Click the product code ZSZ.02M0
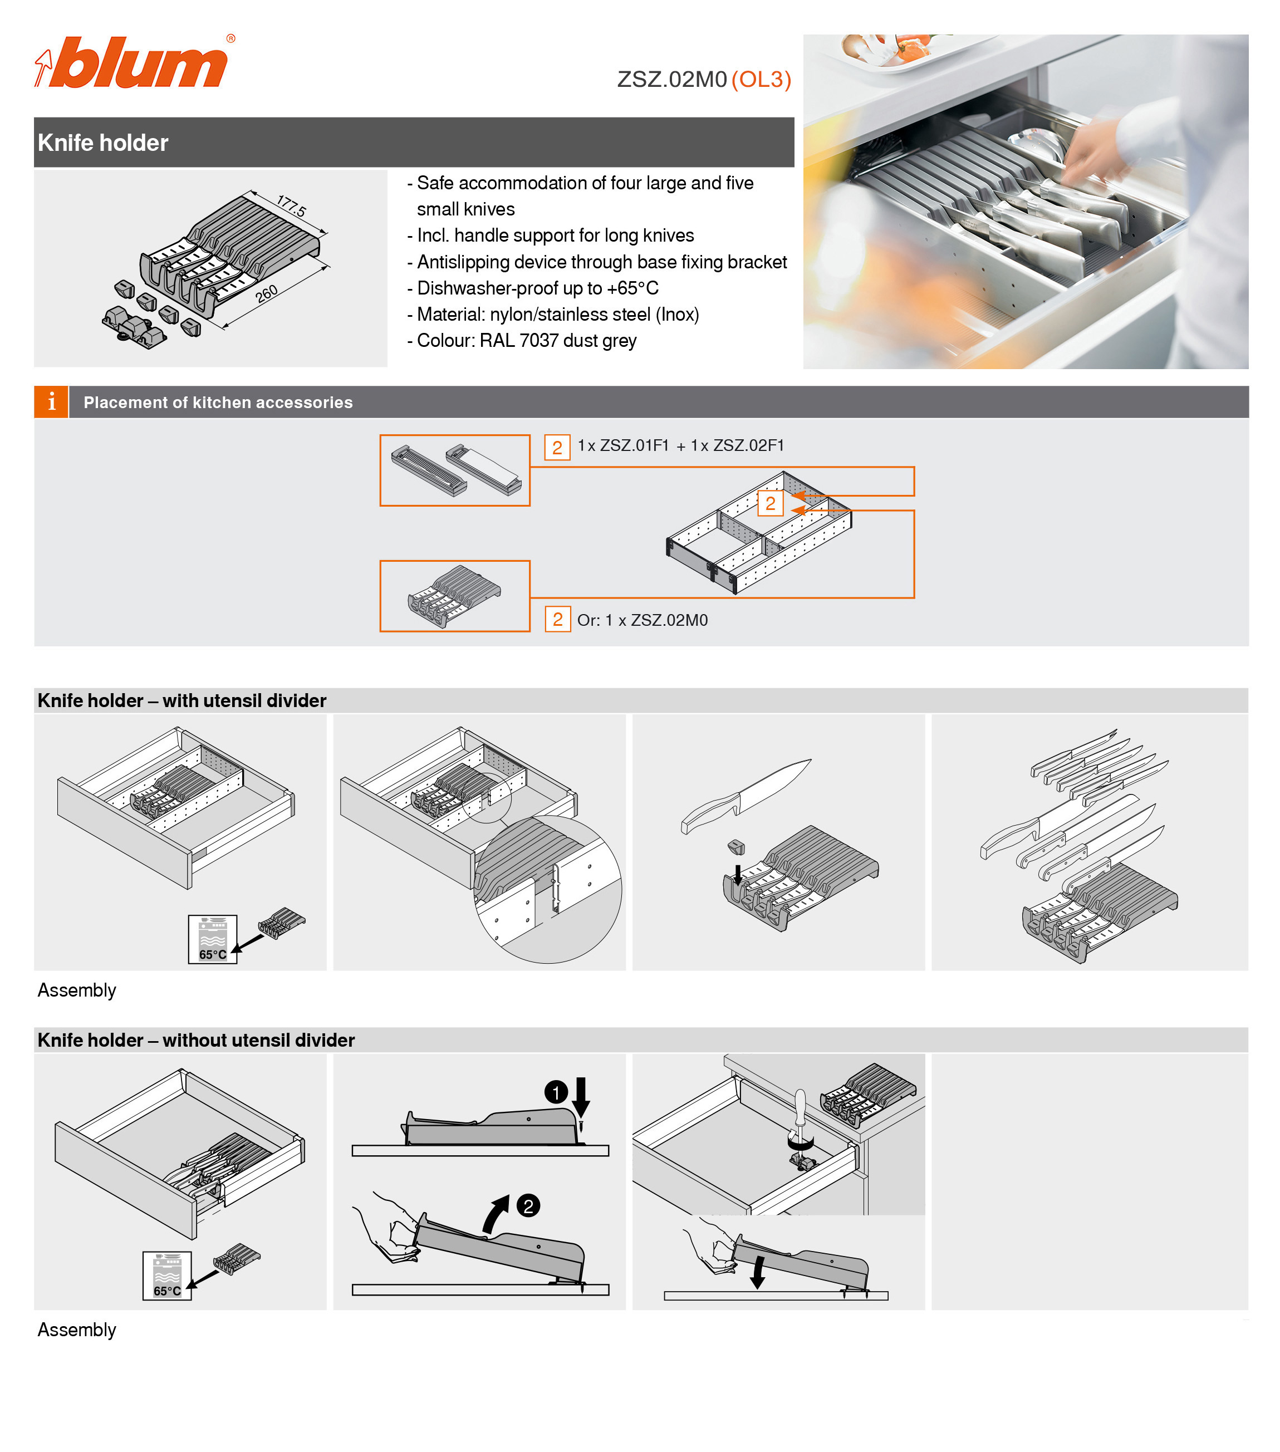pyautogui.click(x=671, y=80)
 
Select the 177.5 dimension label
pyautogui.click(x=291, y=206)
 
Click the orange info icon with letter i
pyautogui.click(x=51, y=402)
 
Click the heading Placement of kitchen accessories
pyautogui.click(x=218, y=402)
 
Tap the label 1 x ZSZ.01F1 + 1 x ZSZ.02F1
pyautogui.click(x=680, y=445)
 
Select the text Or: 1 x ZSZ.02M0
pyautogui.click(x=642, y=620)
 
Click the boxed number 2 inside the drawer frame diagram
pyautogui.click(x=770, y=504)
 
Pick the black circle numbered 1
pyautogui.click(x=556, y=1092)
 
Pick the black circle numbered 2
pyautogui.click(x=528, y=1205)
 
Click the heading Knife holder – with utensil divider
pyautogui.click(x=182, y=700)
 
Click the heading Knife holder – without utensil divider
pyautogui.click(x=196, y=1040)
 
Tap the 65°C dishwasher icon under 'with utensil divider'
pyautogui.click(x=212, y=939)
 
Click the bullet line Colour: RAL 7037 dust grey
pyautogui.click(x=526, y=341)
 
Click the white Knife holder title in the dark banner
pyautogui.click(x=103, y=143)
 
